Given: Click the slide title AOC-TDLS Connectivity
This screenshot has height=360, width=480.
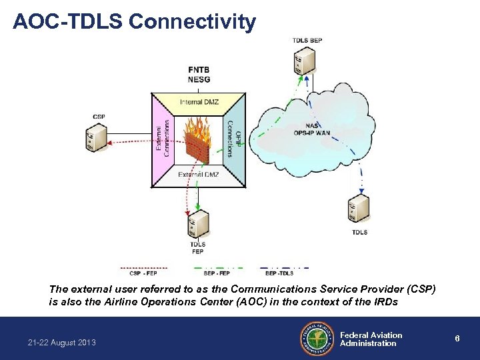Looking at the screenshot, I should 134,21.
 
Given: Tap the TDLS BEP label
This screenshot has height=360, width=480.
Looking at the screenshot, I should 307,41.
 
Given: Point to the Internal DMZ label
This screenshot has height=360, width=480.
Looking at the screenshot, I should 199,102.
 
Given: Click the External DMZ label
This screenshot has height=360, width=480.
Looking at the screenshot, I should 199,175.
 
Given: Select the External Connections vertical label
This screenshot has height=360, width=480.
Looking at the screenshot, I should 163,138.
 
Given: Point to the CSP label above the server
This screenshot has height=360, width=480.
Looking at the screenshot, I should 99,117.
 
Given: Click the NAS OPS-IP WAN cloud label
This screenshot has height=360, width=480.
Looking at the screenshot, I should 311,129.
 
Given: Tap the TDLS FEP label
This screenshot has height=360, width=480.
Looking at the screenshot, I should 198,248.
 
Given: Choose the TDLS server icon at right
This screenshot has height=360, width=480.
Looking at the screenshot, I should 359,209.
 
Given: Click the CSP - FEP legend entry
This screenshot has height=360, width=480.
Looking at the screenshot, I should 143,273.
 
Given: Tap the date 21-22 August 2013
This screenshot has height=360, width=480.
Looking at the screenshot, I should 62,343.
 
